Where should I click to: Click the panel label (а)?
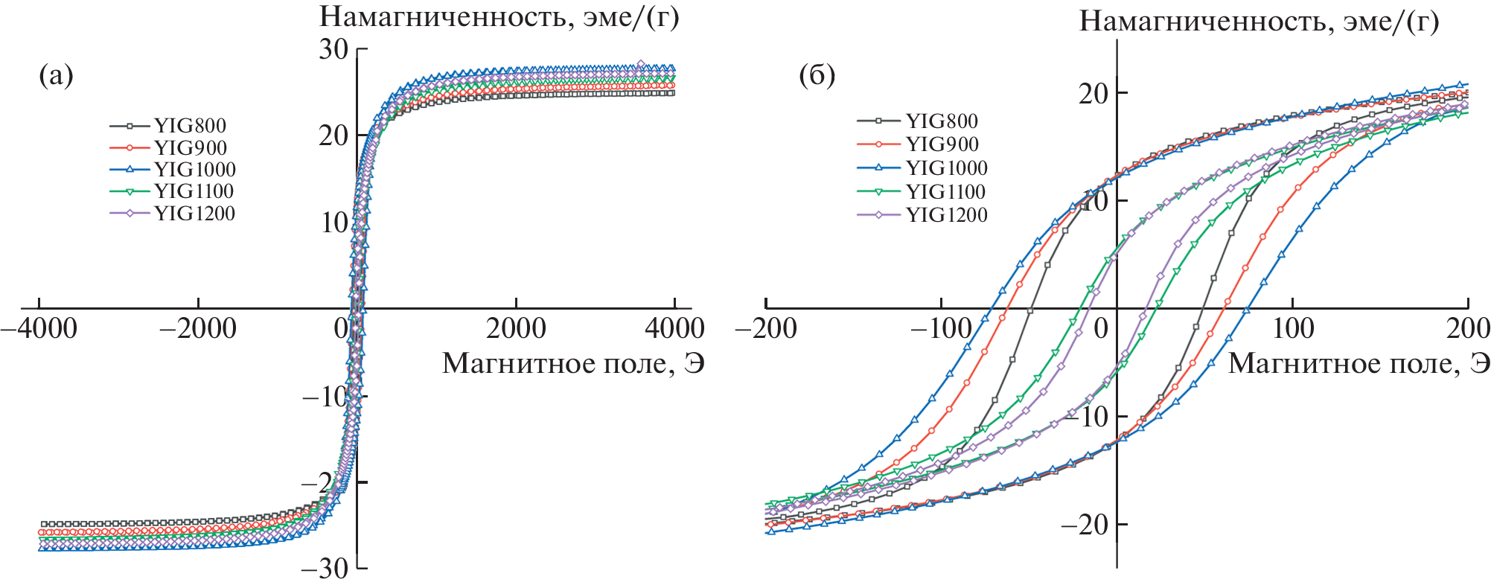tap(56, 75)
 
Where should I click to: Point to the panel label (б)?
tap(817, 75)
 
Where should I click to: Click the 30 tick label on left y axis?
tap(333, 49)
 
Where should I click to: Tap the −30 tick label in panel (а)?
tap(325, 569)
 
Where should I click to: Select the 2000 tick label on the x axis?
tap(515, 329)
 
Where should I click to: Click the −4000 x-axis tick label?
tap(39, 329)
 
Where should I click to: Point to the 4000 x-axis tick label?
tap(674, 329)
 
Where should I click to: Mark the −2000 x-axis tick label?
tap(198, 329)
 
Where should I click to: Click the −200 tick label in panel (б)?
tap(766, 329)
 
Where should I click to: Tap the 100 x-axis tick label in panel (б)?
tap(1292, 329)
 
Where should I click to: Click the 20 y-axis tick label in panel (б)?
tap(1093, 94)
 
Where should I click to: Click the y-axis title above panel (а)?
tap(499, 16)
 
